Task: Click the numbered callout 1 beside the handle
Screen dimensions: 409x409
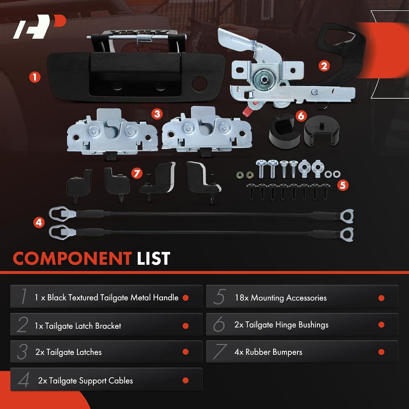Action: pos(35,77)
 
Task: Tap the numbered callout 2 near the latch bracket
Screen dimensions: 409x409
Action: pos(324,66)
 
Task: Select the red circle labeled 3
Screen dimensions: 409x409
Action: pos(157,114)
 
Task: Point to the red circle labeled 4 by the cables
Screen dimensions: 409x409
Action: pos(39,222)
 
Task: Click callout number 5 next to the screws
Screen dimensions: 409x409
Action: pos(343,185)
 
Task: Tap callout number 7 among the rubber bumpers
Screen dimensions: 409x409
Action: pos(137,173)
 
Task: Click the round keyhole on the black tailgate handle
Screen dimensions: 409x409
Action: pos(200,84)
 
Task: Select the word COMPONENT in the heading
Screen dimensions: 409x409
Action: pos(72,258)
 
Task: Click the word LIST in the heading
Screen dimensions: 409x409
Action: pos(154,258)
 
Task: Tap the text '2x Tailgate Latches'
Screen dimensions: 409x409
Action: pos(68,352)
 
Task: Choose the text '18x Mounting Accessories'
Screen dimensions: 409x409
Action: pos(281,298)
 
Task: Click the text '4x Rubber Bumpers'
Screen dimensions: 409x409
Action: pos(268,352)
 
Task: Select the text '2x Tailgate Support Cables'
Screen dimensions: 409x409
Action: pos(85,381)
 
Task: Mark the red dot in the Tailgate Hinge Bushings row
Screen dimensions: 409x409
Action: pos(381,325)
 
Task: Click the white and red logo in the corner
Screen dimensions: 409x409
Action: pos(39,26)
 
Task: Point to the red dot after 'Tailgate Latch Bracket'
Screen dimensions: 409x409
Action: pos(186,326)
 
